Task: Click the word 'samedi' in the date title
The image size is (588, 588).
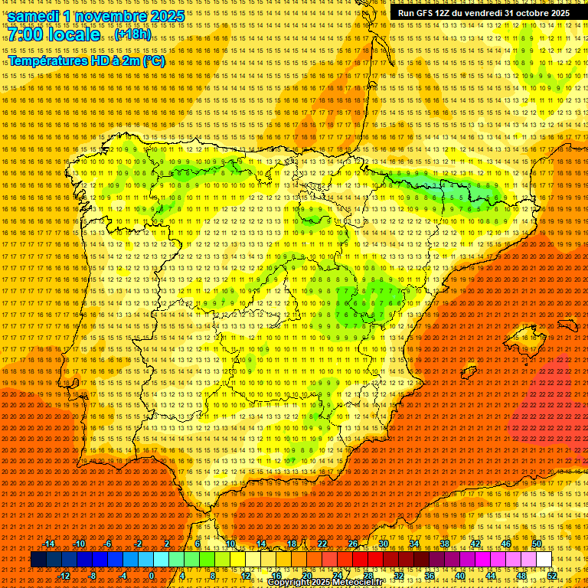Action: pos(37,16)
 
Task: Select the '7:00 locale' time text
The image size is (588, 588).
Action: pos(54,35)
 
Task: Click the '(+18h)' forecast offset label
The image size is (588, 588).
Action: pos(133,36)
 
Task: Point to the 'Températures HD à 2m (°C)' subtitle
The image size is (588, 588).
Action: pos(87,60)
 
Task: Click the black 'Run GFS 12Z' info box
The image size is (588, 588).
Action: pos(483,13)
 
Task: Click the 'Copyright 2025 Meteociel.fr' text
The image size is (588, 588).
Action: pos(336,583)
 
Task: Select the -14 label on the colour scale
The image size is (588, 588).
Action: pos(49,544)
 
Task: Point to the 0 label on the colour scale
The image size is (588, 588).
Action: pos(152,575)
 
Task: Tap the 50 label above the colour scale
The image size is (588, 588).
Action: pos(537,544)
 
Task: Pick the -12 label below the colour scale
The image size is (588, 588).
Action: pos(64,575)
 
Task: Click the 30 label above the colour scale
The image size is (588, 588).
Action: pos(384,544)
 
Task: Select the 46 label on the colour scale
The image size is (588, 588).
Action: pos(506,544)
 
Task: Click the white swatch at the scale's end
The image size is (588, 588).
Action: pos(544,560)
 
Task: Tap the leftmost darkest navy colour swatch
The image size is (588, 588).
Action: pos(38,560)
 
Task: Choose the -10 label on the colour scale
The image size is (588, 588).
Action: pos(79,544)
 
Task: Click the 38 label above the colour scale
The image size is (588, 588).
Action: pos(445,544)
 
